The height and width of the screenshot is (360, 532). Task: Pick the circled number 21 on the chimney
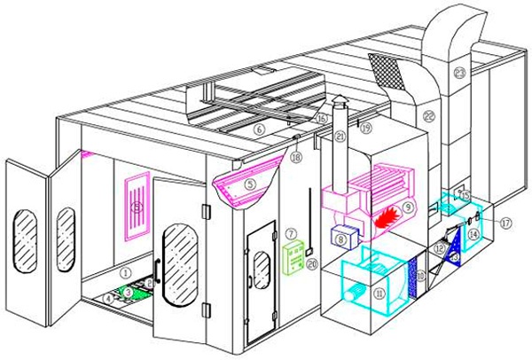click(x=340, y=135)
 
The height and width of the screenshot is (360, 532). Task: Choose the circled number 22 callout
click(x=428, y=116)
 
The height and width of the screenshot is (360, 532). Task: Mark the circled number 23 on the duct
click(x=459, y=71)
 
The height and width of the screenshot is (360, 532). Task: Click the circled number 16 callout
click(x=323, y=118)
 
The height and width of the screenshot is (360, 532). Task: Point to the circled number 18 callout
click(x=296, y=157)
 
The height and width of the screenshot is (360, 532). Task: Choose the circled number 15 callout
click(x=465, y=193)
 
